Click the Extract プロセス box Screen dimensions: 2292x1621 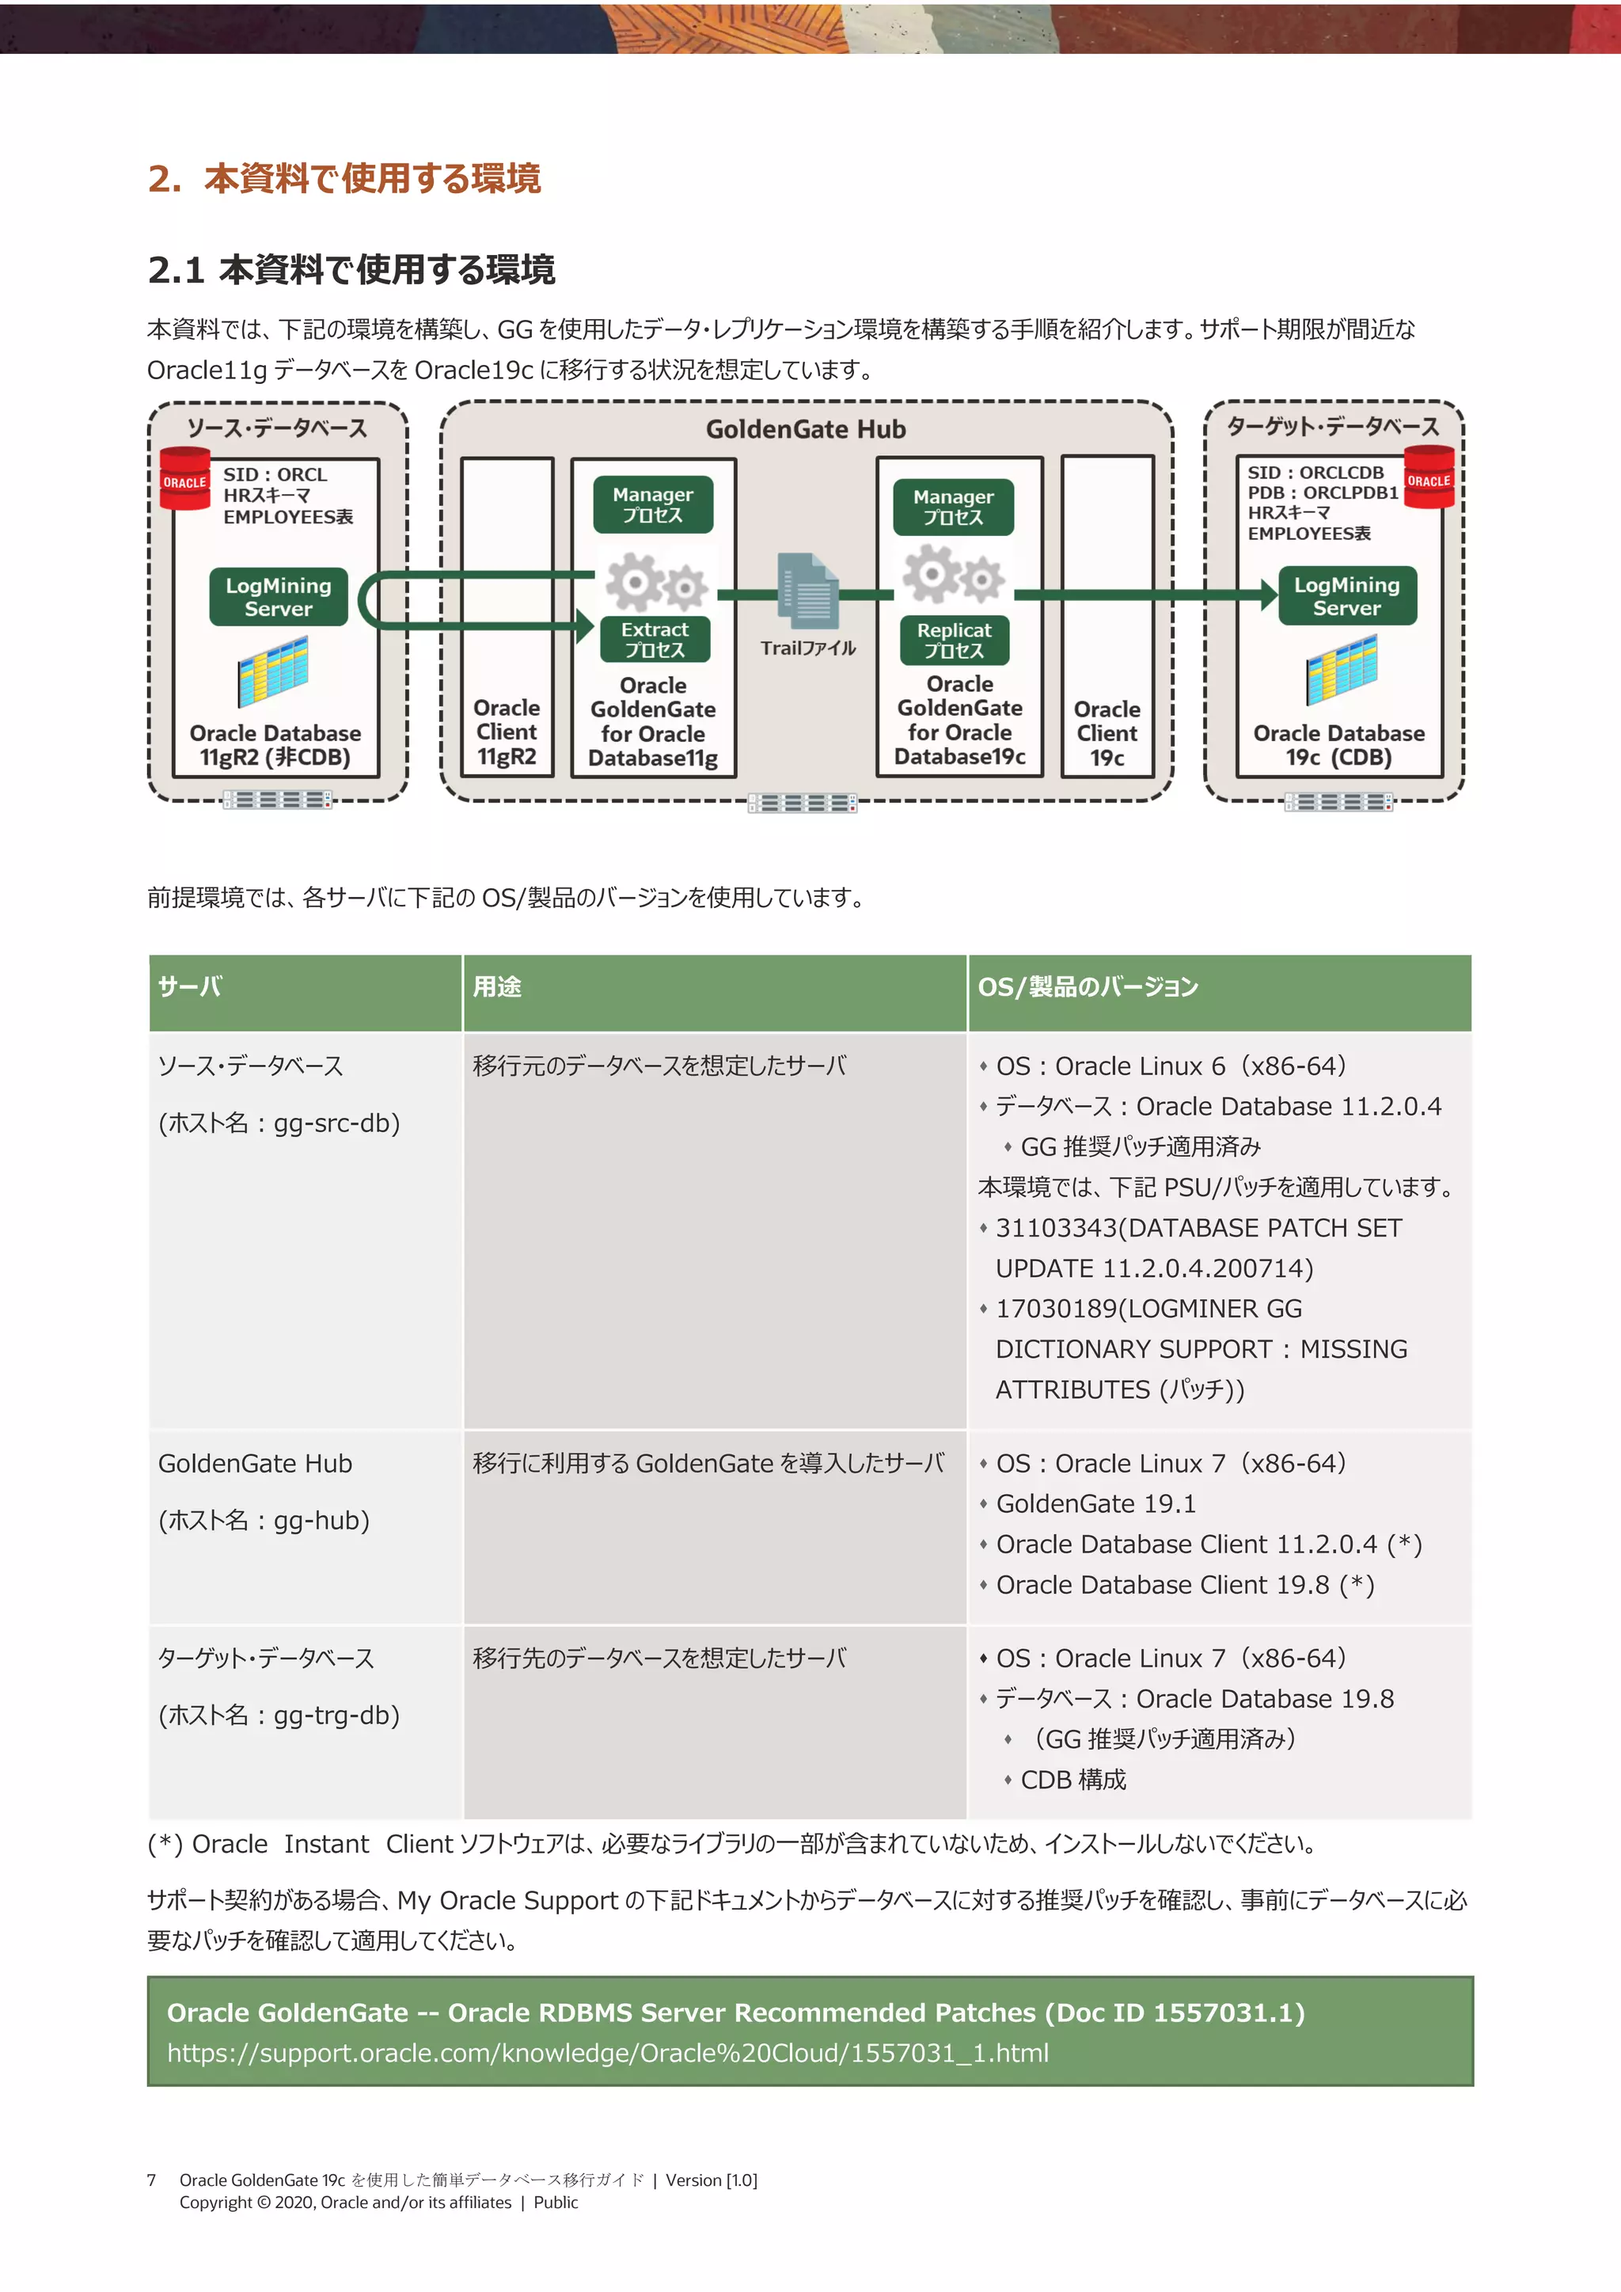(655, 639)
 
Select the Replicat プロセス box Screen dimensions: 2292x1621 (955, 640)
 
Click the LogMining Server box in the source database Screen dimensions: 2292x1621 (279, 597)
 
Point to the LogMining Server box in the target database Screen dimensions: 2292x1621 (1346, 596)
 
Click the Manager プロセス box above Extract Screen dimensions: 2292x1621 (653, 504)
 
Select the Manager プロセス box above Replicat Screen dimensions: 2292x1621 (953, 506)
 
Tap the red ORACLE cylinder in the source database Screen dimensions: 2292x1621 (184, 480)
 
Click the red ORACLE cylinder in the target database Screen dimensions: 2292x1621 (1429, 478)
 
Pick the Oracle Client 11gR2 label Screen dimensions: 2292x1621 (507, 732)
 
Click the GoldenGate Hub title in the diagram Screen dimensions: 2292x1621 (806, 429)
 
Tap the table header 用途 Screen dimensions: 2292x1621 (497, 986)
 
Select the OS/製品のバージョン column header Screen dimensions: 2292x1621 (1088, 986)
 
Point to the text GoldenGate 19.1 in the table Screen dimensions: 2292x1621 (1095, 1503)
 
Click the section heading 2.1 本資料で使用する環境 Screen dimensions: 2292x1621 (351, 269)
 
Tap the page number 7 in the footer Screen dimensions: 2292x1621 (152, 2180)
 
